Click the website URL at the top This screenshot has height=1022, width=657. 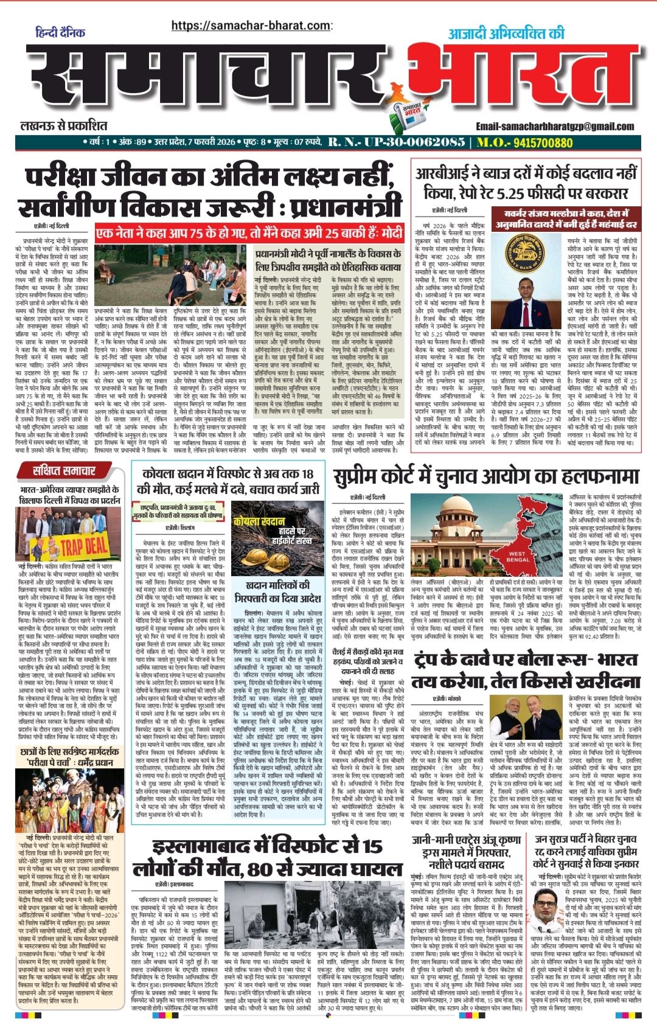coord(251,26)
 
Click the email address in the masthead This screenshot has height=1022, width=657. coord(555,126)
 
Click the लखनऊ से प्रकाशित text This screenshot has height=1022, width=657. coord(63,126)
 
